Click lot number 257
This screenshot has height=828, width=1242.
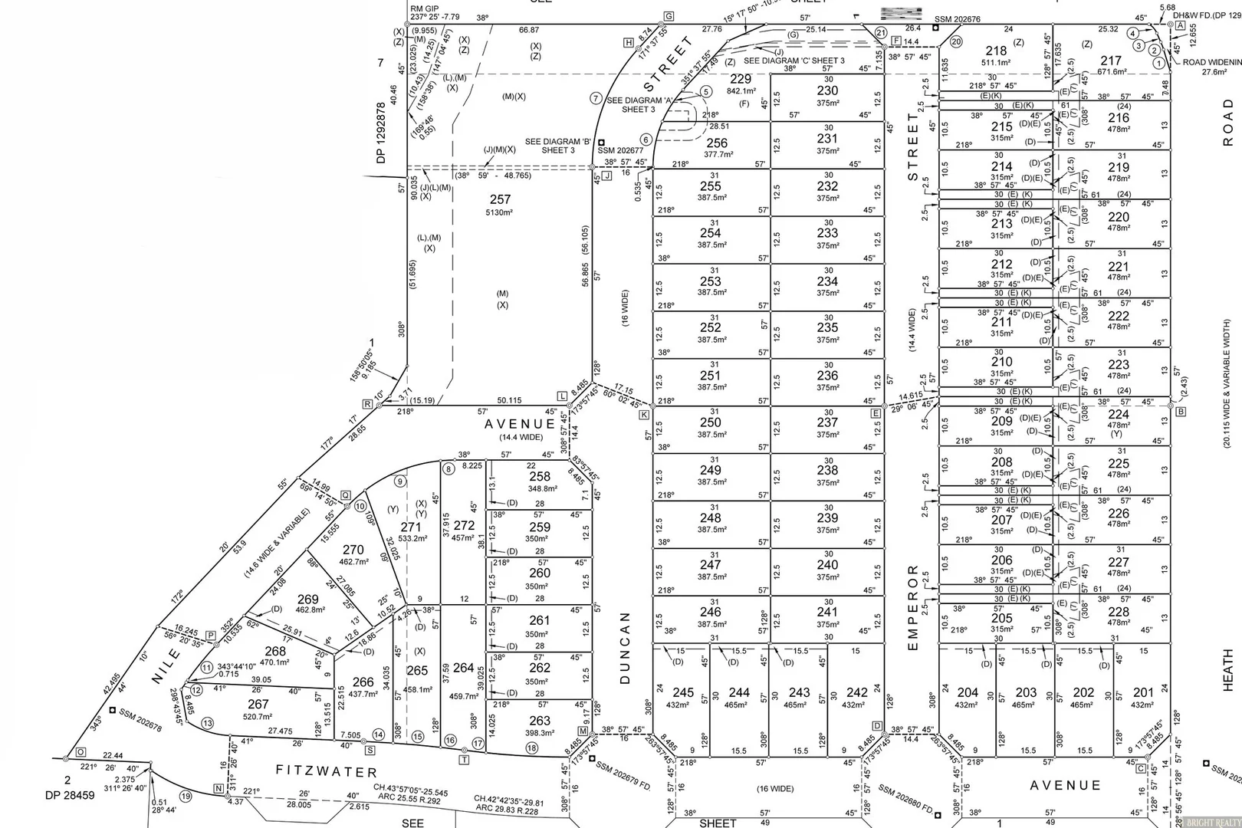(x=500, y=199)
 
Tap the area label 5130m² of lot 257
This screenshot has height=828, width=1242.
(x=500, y=212)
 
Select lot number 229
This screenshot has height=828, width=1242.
(x=741, y=79)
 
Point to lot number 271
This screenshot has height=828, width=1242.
(x=411, y=527)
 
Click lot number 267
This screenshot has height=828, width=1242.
(x=258, y=704)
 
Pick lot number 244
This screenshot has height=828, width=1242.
(x=739, y=692)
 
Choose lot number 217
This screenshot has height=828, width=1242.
(x=1111, y=61)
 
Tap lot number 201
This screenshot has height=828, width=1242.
(x=1143, y=692)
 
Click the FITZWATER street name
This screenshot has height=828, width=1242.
(x=327, y=771)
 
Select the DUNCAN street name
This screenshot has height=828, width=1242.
(x=625, y=648)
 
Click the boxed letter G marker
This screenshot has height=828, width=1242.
(x=669, y=17)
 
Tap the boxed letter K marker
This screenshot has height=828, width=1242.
(x=644, y=415)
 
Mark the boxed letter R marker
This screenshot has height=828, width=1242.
(x=368, y=404)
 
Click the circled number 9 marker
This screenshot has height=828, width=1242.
(x=399, y=481)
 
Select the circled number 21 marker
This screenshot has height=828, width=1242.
(x=881, y=33)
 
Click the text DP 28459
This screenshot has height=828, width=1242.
(x=68, y=795)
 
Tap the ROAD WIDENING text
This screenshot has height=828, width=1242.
(x=1211, y=62)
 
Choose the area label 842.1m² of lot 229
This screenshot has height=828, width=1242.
(x=741, y=91)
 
